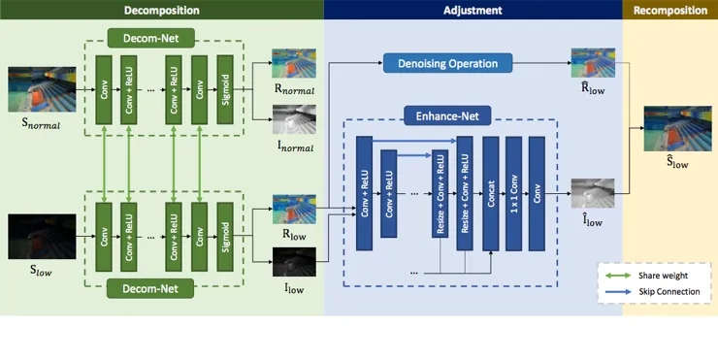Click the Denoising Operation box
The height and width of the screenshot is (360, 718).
(x=447, y=63)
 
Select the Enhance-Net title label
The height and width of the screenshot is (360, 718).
(x=447, y=115)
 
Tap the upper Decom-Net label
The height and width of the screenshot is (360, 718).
(x=150, y=38)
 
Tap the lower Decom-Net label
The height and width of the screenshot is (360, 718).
(x=150, y=288)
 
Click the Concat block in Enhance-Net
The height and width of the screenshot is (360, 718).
(x=490, y=193)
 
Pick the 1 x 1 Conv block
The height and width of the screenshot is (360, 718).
(x=513, y=193)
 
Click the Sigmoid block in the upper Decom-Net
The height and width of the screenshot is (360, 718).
(x=225, y=90)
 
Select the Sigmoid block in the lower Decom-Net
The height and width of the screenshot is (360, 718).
(x=225, y=237)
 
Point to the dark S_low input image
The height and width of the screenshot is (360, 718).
(x=42, y=237)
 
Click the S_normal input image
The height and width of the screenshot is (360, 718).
(x=42, y=89)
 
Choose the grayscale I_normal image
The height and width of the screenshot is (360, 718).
(x=294, y=119)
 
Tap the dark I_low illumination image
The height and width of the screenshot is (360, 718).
(x=294, y=262)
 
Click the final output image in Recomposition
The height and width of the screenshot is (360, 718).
(x=677, y=129)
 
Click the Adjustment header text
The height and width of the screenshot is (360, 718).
(x=473, y=10)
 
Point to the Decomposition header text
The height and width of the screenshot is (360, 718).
(x=162, y=10)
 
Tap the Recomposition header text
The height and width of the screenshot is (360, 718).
(x=670, y=10)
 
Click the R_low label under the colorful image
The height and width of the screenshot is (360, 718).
(x=294, y=235)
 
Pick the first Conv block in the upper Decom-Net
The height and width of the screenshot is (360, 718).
(x=104, y=90)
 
